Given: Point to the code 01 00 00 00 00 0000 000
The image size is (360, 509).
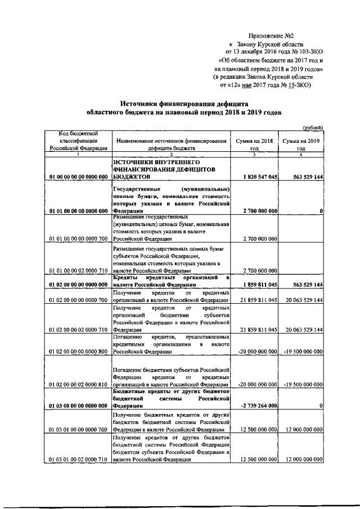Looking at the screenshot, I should [x=78, y=177].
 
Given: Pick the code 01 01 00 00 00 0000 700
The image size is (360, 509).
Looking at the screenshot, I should [x=78, y=239].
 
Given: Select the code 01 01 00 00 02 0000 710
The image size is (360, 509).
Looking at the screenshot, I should [x=78, y=269].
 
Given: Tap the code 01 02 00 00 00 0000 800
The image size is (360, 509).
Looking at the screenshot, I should [x=78, y=352].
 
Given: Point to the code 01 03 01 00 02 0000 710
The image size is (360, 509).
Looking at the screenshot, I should [x=78, y=460].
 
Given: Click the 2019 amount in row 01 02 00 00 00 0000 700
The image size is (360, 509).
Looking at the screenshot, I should [x=301, y=301].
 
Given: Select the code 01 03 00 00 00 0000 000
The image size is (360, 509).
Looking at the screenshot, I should [x=78, y=406].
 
